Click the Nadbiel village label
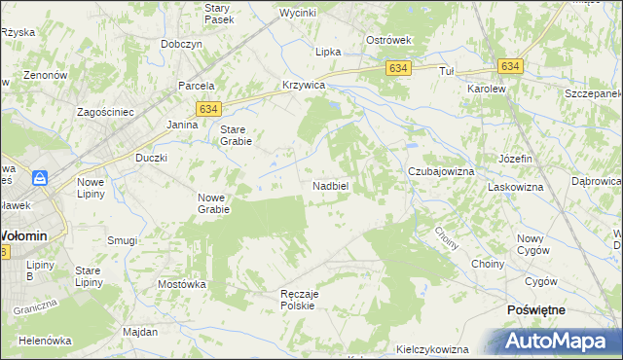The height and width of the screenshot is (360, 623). pos(331,185)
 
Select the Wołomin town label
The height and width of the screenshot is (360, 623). pos(29,235)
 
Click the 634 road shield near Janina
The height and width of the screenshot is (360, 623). pos(208,110)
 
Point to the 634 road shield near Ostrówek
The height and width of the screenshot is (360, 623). pos(398,68)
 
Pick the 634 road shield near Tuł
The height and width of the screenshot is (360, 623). pos(511,66)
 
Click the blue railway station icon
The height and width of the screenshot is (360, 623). pos(40,178)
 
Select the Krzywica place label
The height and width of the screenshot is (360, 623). pos(303,85)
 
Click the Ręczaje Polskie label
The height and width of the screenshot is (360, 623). pos(294,299)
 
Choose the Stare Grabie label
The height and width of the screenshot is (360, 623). pos(236,135)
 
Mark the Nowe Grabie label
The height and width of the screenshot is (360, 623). pos(213,202)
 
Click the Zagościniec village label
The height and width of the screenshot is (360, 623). pos(106,112)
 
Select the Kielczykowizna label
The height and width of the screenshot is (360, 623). pos(433,349)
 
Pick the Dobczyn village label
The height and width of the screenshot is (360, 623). pos(182,44)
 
